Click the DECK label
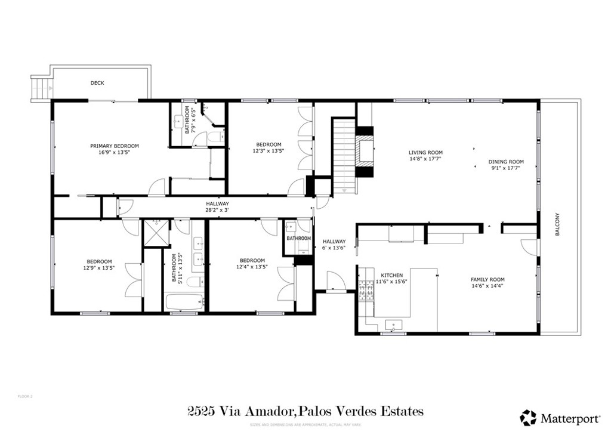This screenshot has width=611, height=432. [x=97, y=83]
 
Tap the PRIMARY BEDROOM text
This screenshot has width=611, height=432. [x=115, y=146]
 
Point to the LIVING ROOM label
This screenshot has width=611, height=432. [x=425, y=152]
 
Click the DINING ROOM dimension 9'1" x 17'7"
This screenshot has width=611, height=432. [x=505, y=168]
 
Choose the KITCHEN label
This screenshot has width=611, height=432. [x=392, y=275]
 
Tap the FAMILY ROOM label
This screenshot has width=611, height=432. [x=487, y=279]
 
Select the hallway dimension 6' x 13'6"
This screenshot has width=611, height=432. [x=334, y=248]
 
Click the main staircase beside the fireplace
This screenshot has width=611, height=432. [x=344, y=155]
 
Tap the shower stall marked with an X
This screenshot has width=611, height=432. [x=157, y=233]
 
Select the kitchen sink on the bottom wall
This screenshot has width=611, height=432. [x=393, y=326]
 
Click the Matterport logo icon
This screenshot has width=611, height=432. [x=528, y=416]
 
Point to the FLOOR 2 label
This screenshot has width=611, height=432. [x=25, y=396]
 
